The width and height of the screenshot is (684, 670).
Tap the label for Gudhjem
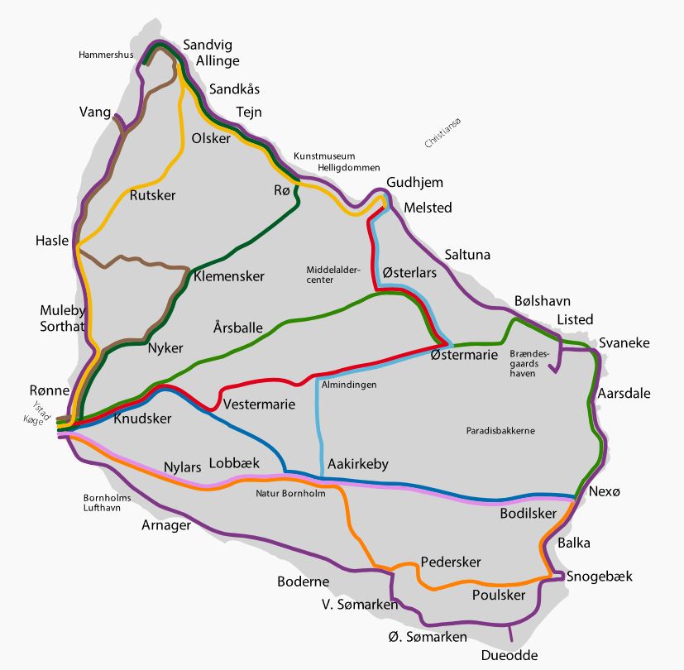click(414, 183)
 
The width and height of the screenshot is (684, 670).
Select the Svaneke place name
click(624, 342)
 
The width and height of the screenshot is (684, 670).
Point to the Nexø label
click(604, 491)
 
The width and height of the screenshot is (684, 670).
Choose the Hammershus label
click(106, 55)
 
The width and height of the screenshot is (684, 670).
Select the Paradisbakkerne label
click(500, 431)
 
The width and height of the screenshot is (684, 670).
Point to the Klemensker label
click(228, 276)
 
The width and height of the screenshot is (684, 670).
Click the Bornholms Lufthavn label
click(107, 504)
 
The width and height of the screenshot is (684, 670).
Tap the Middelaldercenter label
click(331, 275)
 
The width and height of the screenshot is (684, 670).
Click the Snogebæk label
click(599, 577)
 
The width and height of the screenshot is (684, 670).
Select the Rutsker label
click(153, 195)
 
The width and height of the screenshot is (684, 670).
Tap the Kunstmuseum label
click(324, 156)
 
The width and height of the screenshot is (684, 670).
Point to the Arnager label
click(166, 525)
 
